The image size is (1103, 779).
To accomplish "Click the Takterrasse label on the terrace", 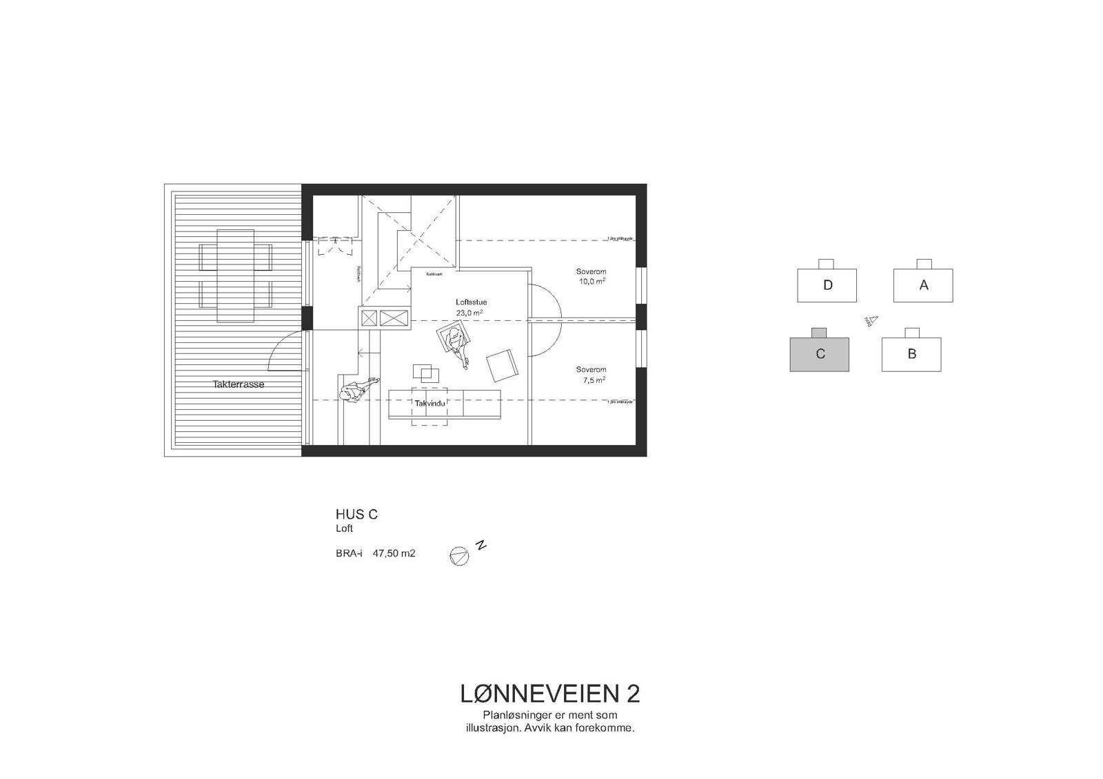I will point(239,384).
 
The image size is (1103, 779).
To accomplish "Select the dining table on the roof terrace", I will point(235,276).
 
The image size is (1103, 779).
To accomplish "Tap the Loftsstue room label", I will point(471,302).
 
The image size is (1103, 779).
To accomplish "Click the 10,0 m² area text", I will point(591,281).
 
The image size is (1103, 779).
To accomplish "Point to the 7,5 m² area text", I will point(591,380).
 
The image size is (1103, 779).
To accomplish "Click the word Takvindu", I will point(429,403).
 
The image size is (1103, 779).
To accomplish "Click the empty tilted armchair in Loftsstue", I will point(503,366).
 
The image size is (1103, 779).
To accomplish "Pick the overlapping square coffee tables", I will point(426,373).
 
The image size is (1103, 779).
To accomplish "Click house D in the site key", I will point(827,284).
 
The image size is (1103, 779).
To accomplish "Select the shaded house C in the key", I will point(819,354).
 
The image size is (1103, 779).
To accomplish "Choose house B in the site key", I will point(911,354).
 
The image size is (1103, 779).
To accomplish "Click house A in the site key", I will point(923,284).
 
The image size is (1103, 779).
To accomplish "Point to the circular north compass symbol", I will point(458,556).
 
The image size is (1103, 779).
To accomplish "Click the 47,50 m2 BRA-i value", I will point(394,552).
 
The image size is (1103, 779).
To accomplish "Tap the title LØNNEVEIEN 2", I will point(549,694).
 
